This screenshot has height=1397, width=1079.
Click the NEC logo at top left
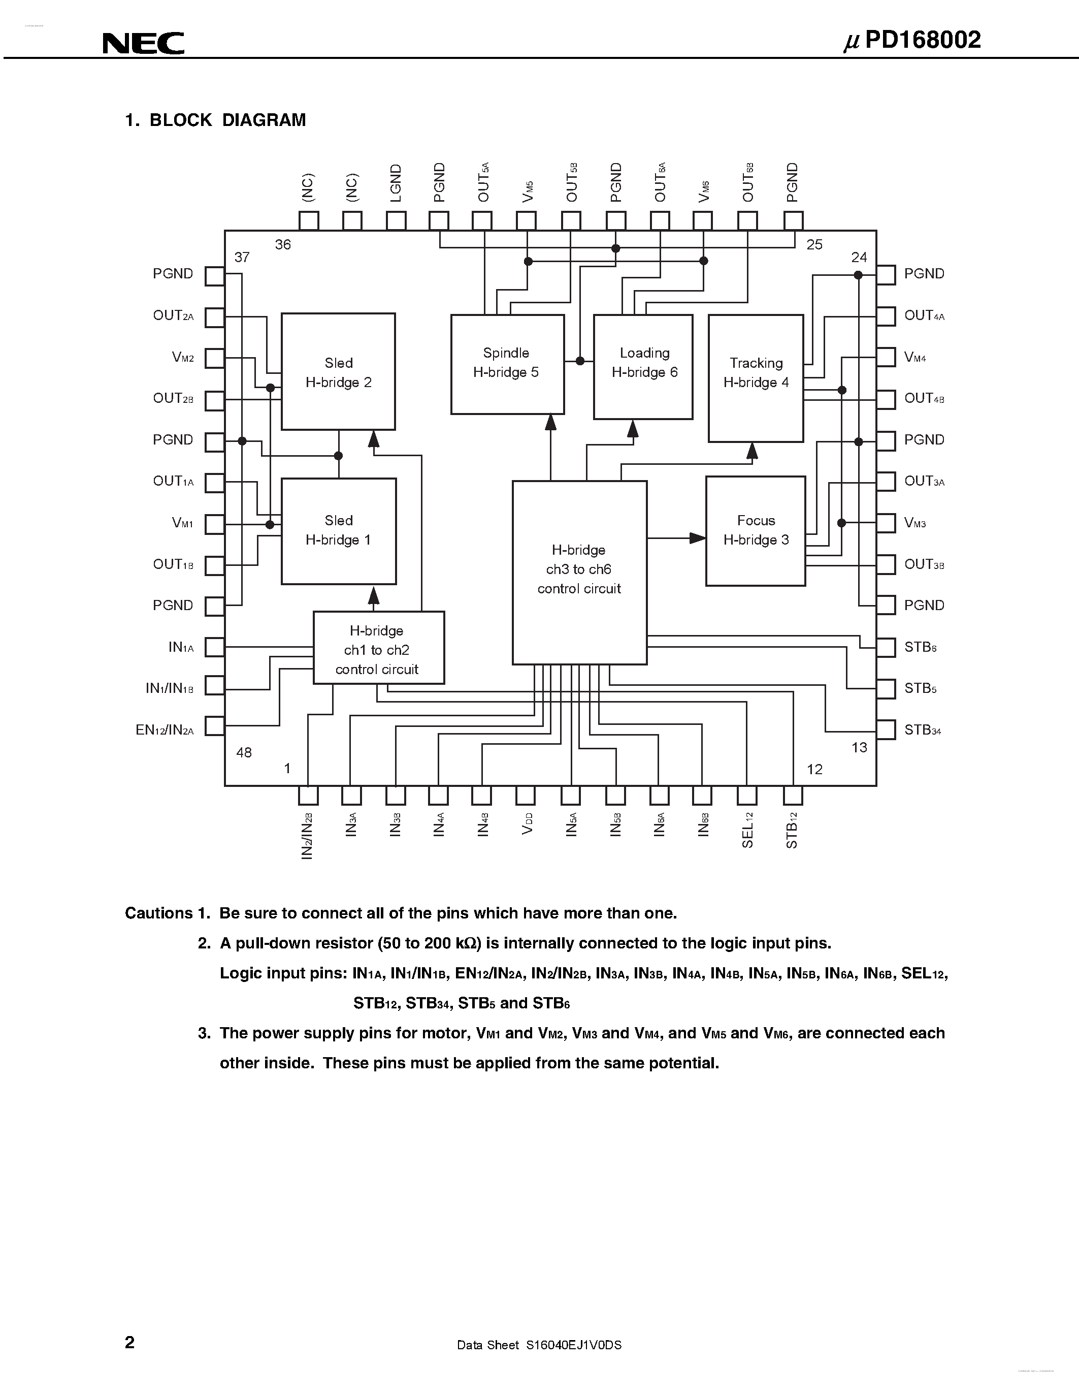click(143, 44)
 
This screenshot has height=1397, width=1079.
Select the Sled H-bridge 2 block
click(338, 372)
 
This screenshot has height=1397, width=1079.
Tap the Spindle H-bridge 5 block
click(507, 363)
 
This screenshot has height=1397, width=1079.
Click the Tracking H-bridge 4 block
click(756, 377)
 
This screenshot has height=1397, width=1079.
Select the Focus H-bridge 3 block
click(755, 530)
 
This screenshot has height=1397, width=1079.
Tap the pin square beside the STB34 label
click(886, 730)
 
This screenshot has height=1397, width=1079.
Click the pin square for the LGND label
click(397, 220)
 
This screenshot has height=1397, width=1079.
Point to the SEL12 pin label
click(748, 830)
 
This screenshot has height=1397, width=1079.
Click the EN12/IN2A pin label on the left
click(165, 730)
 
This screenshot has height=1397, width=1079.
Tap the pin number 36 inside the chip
click(282, 245)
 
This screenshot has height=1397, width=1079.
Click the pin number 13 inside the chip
click(859, 747)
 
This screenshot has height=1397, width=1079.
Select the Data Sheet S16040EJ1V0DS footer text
click(539, 1345)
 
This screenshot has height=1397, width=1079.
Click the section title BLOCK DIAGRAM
click(227, 120)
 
